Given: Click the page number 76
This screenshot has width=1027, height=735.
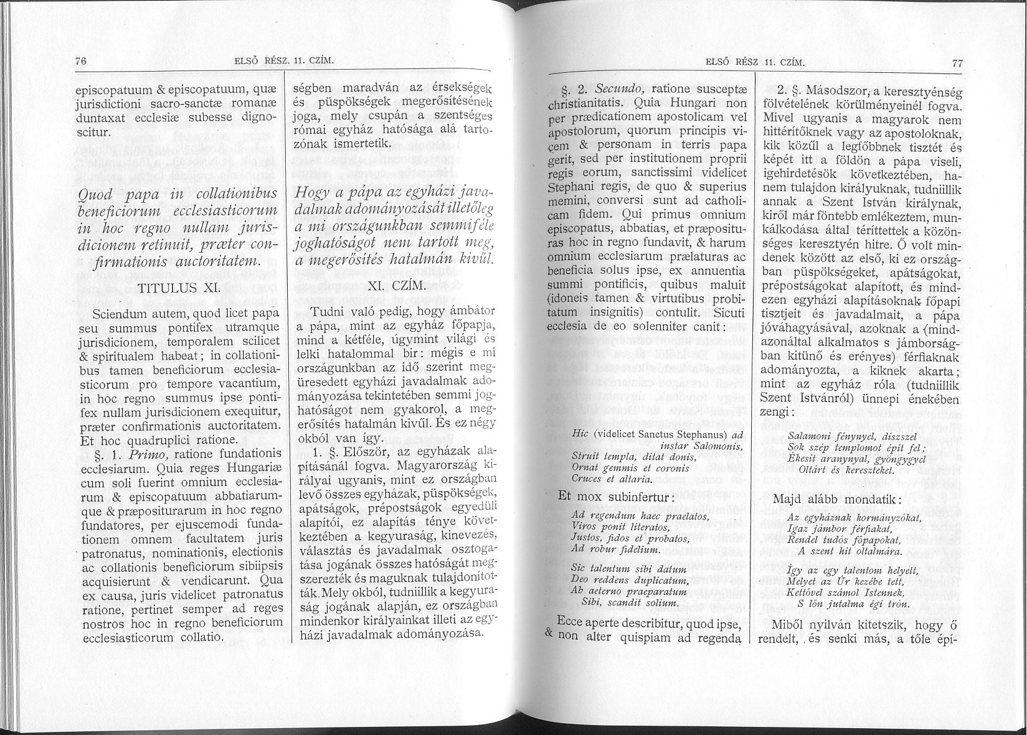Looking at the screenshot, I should click(79, 61).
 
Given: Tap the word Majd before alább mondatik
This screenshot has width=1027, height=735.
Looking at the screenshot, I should click(787, 500).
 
